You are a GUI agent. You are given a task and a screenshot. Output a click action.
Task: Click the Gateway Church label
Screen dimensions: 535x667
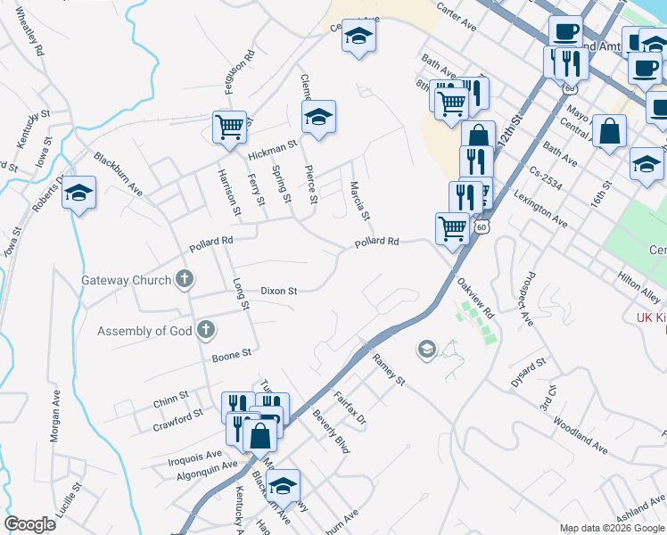click(126, 280)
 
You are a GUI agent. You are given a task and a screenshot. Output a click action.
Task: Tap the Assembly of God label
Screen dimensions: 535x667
click(145, 331)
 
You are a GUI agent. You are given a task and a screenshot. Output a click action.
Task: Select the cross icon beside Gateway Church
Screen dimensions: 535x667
click(185, 280)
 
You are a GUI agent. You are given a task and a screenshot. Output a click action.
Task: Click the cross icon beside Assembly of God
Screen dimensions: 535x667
click(205, 331)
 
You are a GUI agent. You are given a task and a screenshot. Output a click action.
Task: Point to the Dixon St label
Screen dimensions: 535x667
click(278, 291)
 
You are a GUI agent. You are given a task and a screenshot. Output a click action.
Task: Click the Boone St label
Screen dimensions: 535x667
click(231, 357)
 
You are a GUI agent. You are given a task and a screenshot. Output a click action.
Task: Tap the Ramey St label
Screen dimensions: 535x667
click(389, 369)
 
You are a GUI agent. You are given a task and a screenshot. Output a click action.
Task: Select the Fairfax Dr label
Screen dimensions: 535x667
click(350, 407)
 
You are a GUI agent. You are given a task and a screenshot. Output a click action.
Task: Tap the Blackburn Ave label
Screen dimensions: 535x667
click(118, 173)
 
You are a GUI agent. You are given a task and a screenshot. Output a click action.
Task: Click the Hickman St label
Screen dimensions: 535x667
click(272, 151)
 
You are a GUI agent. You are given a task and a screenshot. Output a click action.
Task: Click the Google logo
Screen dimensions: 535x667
click(29, 524)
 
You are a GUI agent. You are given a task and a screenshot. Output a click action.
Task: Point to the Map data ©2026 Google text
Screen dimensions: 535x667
click(613, 528)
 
